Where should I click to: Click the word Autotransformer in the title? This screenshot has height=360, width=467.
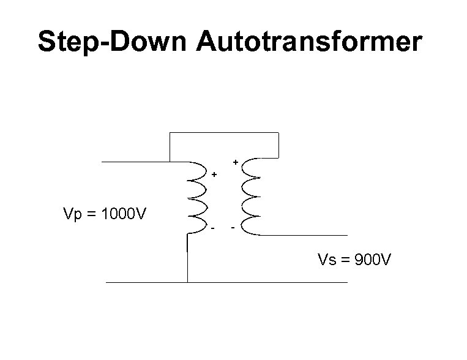point(310,42)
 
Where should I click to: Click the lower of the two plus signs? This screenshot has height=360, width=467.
point(214,174)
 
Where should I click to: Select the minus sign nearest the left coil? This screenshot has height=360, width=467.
point(213,229)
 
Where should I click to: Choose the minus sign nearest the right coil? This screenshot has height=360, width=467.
point(233,229)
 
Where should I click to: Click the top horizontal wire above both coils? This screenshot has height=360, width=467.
point(223,132)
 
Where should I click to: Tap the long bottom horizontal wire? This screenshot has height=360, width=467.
point(226,282)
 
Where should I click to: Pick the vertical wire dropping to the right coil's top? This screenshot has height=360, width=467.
point(278,144)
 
